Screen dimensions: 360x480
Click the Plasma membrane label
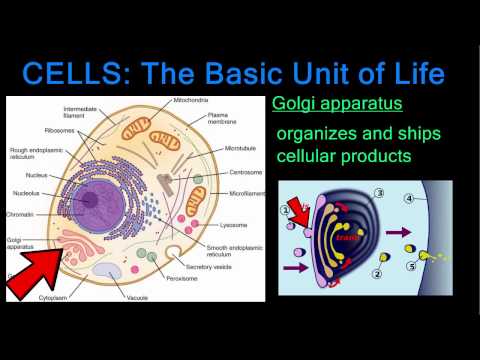click(x=222, y=119)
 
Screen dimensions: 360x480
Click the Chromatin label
click(x=22, y=212)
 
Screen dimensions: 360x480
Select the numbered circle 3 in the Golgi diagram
click(x=379, y=192)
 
